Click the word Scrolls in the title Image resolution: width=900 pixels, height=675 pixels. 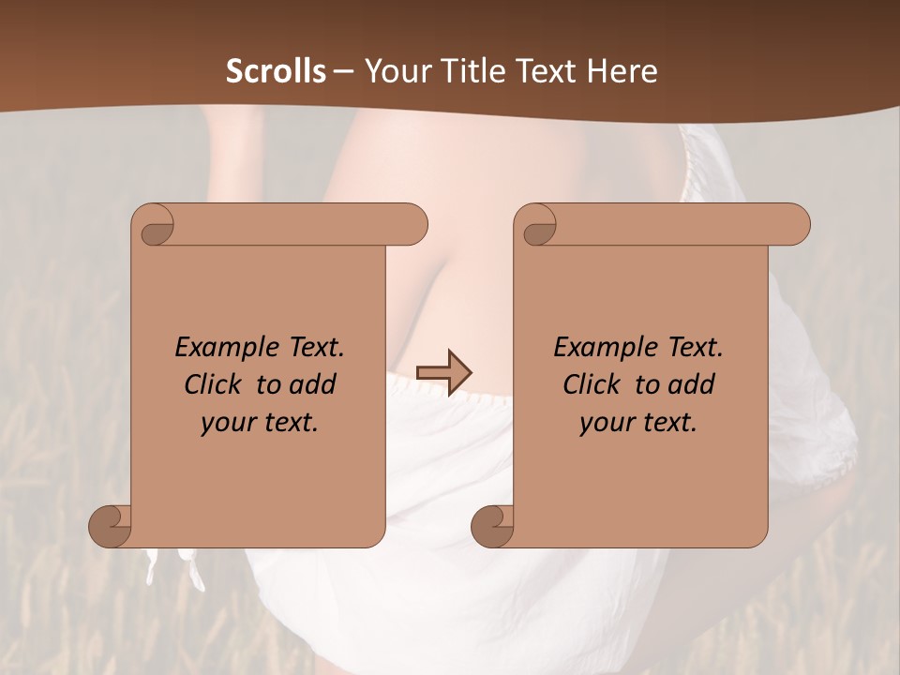[x=277, y=71]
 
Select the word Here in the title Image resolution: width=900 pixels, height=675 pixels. [x=623, y=71]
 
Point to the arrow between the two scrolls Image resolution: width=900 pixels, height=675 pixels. [x=444, y=373]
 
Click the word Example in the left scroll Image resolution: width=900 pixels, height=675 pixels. [x=217, y=347]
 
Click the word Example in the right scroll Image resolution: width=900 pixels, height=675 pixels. [x=595, y=347]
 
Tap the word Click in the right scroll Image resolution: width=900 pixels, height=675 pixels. [x=592, y=384]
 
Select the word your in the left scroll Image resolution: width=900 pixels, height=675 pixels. [x=225, y=423]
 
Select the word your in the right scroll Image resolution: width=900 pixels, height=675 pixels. [x=604, y=423]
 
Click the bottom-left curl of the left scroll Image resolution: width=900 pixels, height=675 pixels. [x=112, y=526]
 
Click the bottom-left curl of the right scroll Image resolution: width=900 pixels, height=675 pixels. [x=492, y=526]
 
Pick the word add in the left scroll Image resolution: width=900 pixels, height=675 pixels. [x=313, y=384]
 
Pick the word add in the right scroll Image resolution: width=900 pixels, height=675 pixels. [x=692, y=384]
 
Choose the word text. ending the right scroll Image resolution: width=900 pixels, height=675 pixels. [x=667, y=423]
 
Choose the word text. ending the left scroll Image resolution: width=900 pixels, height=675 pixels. [x=288, y=423]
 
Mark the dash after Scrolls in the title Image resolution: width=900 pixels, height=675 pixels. [x=343, y=72]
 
